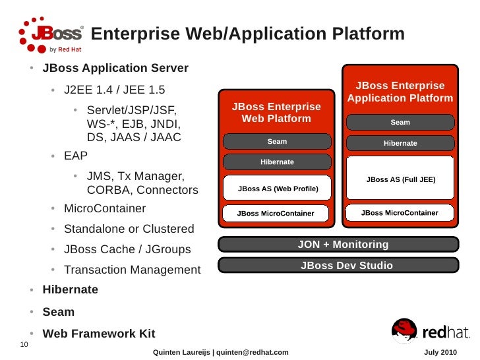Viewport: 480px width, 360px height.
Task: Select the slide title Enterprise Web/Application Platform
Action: (x=247, y=34)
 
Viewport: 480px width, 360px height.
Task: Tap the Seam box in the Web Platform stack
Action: (x=277, y=142)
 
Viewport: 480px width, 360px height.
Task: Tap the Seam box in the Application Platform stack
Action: (x=400, y=122)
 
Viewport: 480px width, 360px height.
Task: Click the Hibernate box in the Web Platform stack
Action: (x=277, y=162)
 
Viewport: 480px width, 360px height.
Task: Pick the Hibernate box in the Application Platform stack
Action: (x=400, y=143)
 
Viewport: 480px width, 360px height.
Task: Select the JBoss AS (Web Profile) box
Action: (x=277, y=189)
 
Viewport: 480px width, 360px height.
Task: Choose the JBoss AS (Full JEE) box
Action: (x=400, y=179)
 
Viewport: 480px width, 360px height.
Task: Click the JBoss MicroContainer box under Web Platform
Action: (x=276, y=214)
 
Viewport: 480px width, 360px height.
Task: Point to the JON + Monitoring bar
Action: (x=338, y=245)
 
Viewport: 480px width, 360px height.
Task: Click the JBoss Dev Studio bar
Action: (x=338, y=266)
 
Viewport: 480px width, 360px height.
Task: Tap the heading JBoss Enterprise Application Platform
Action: (x=400, y=92)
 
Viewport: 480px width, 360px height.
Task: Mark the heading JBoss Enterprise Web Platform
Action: (x=276, y=113)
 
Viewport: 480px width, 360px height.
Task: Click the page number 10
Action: (x=24, y=345)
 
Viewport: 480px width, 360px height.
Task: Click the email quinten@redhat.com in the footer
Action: (x=253, y=353)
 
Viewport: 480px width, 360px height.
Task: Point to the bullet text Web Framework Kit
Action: (x=99, y=334)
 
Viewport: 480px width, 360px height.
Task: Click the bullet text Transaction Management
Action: (x=132, y=270)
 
